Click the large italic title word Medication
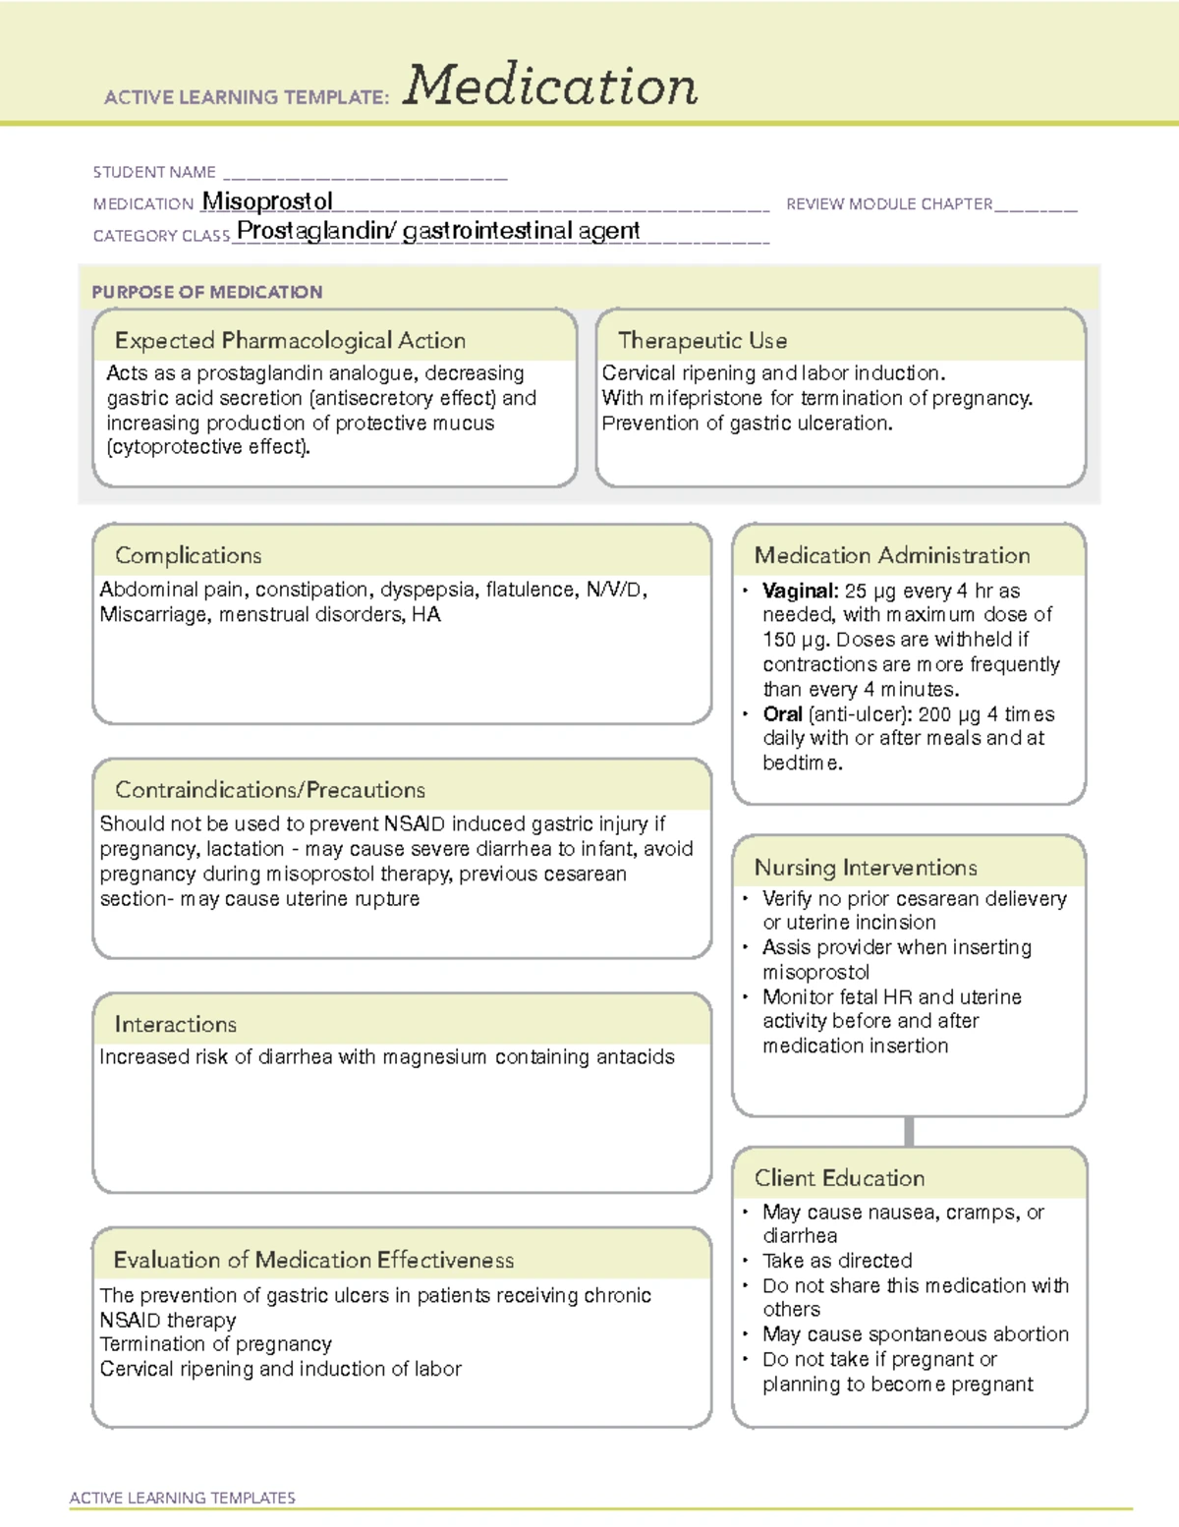click(x=550, y=86)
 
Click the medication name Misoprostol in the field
click(x=267, y=201)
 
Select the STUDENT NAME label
click(x=154, y=172)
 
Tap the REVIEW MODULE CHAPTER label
click(x=889, y=204)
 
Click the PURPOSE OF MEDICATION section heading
click(x=207, y=292)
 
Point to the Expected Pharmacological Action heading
click(x=290, y=341)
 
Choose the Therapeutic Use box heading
click(x=702, y=341)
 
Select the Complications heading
click(x=189, y=556)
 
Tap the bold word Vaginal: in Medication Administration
click(x=800, y=592)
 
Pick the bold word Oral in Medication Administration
click(x=782, y=714)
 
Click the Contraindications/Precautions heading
click(x=270, y=790)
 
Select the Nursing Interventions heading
click(x=866, y=868)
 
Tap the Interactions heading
click(x=176, y=1025)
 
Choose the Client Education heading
click(x=839, y=1178)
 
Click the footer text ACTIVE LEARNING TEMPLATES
click(x=183, y=1498)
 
